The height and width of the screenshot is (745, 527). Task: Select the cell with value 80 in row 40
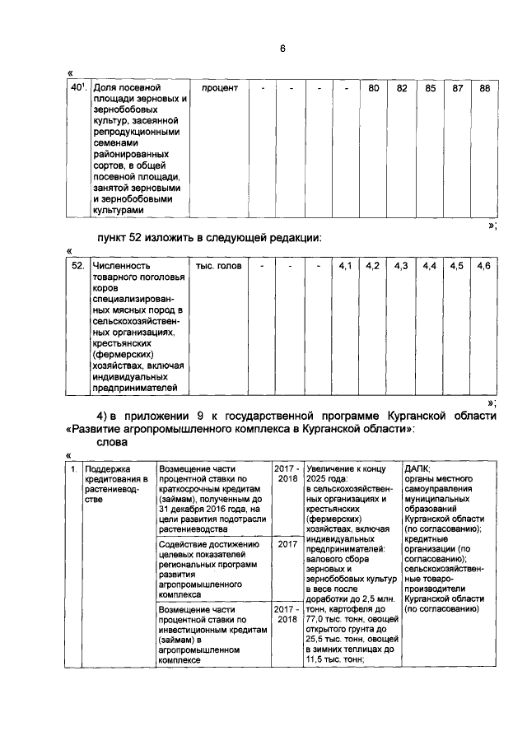(373, 88)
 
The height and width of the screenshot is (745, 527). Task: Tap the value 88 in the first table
(485, 88)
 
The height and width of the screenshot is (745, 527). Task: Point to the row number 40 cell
(77, 87)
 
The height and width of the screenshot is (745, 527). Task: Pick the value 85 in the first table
(430, 88)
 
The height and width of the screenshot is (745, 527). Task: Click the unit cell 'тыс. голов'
(218, 266)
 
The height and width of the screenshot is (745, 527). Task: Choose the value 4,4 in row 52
(429, 266)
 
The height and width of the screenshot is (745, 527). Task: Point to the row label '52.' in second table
(78, 266)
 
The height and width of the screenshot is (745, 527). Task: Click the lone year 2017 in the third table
(287, 544)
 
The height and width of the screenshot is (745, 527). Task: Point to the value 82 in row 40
(402, 88)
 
